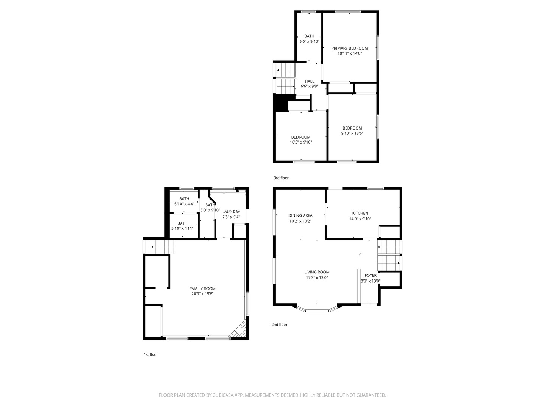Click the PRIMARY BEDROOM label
click(350, 48)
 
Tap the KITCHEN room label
click(360, 213)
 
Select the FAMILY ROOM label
click(202, 289)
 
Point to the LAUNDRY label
click(231, 212)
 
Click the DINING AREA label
click(300, 215)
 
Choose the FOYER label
click(371, 275)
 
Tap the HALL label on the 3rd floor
click(309, 81)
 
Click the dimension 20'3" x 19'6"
click(202, 294)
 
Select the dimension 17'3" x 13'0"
click(317, 278)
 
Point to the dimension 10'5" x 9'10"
click(301, 142)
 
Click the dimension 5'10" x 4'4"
click(184, 204)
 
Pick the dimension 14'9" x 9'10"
click(360, 219)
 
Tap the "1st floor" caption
click(151, 354)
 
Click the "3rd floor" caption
click(281, 178)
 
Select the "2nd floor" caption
click(279, 324)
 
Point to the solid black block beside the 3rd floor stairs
click(280, 103)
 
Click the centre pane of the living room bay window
click(317, 311)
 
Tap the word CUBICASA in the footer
click(223, 395)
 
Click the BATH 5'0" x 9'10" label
click(309, 39)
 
